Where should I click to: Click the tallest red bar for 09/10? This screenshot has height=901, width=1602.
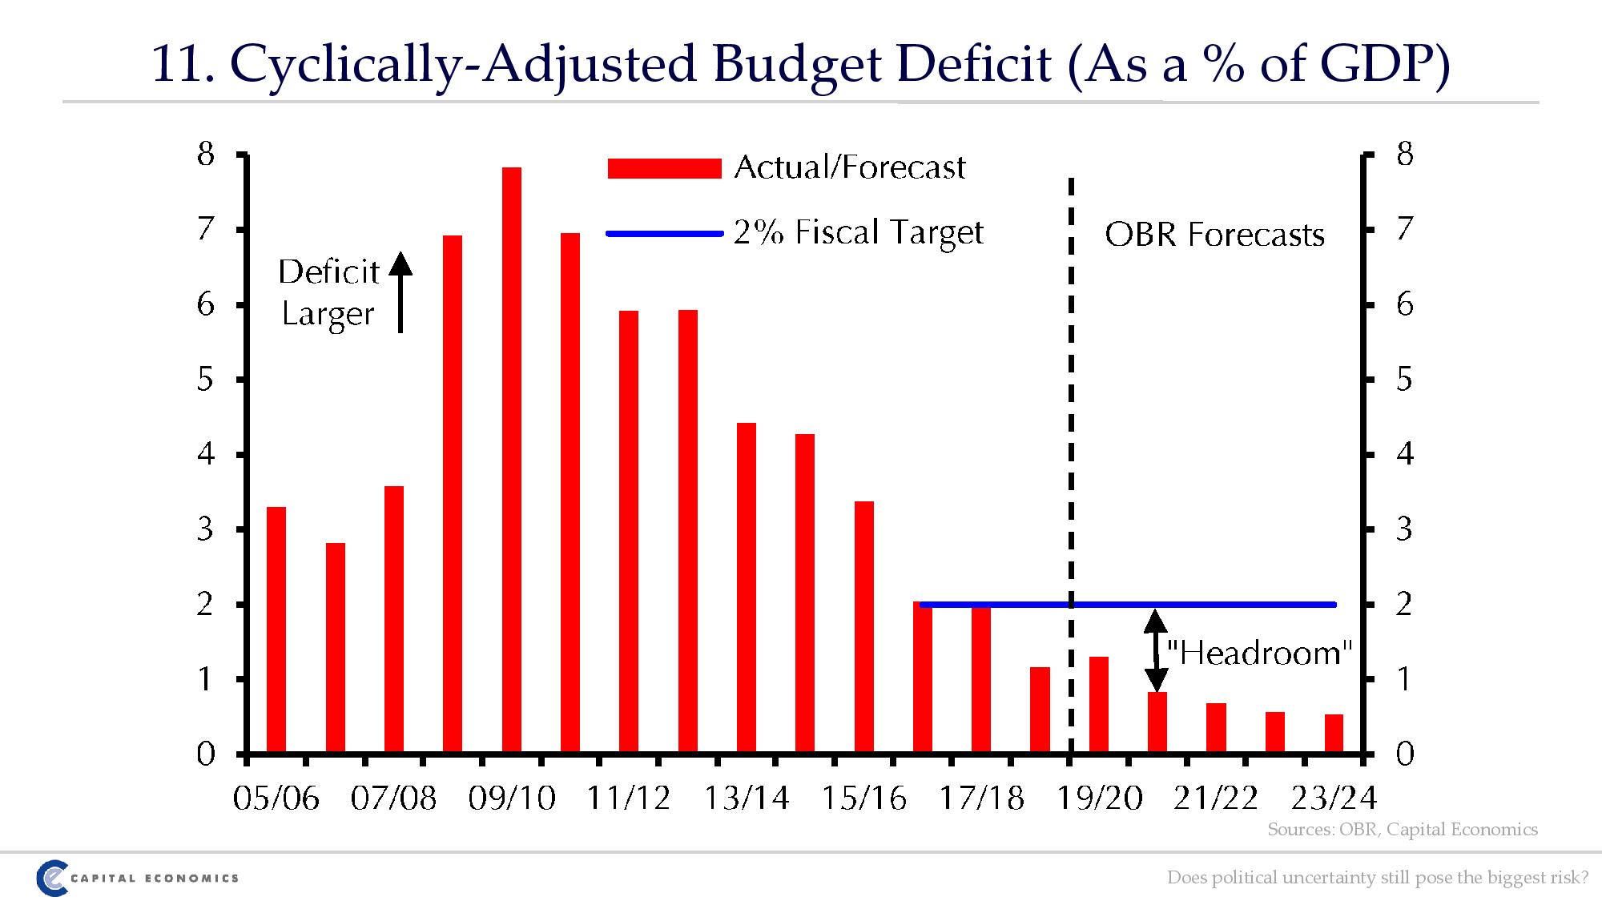[512, 461]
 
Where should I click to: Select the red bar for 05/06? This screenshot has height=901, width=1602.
[276, 630]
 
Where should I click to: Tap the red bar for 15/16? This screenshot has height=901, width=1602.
[864, 627]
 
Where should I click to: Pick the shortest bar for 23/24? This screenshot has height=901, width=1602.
[1334, 734]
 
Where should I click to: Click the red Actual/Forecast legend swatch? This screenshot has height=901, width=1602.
[664, 168]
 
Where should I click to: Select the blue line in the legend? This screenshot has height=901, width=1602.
[664, 234]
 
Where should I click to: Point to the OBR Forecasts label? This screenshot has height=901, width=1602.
[1214, 235]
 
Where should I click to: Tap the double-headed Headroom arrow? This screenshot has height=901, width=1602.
[1155, 650]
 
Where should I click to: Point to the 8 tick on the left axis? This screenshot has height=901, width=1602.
[206, 154]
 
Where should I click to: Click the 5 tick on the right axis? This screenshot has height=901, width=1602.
[1405, 380]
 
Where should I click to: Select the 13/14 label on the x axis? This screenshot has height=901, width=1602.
[747, 798]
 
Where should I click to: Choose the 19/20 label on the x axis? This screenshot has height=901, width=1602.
[1100, 798]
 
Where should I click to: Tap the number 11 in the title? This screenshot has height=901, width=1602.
[181, 64]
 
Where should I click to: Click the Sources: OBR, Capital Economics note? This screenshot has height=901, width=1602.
[1402, 830]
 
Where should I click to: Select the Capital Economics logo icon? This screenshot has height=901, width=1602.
[51, 879]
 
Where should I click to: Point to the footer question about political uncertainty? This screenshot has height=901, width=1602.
[1377, 878]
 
